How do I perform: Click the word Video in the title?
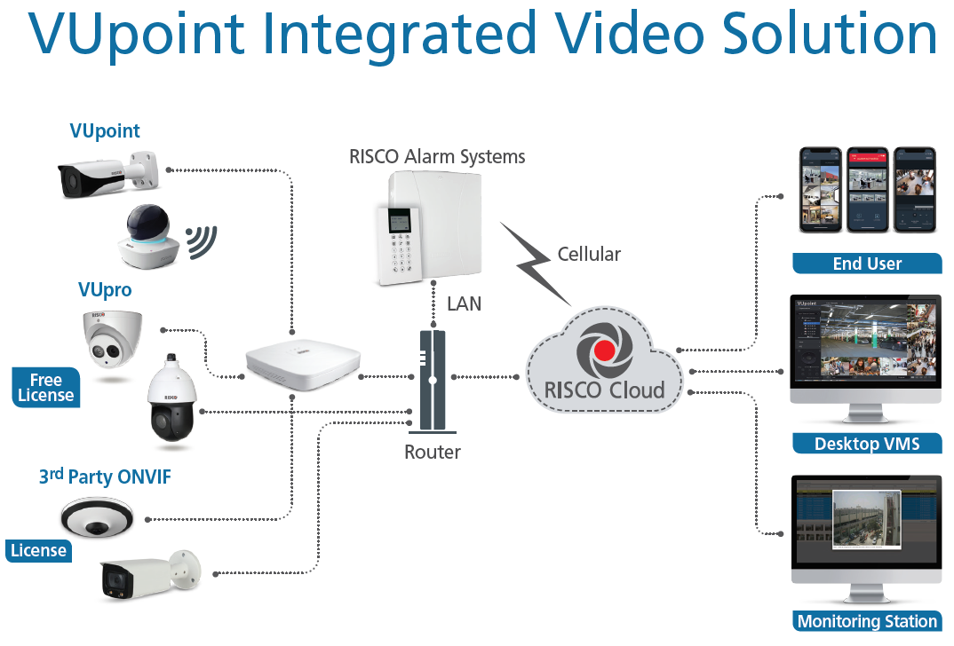[x=623, y=35]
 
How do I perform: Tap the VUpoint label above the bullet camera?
[x=105, y=131]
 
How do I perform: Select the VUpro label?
[x=105, y=290]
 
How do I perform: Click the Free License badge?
[x=45, y=388]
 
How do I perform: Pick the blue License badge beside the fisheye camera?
[x=38, y=550]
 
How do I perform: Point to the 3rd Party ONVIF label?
[x=105, y=477]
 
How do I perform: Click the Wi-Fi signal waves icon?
[x=201, y=240]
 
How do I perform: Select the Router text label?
[x=433, y=452]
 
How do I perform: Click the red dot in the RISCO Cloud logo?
[x=605, y=349]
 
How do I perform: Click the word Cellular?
[x=589, y=255]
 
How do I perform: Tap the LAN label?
[x=464, y=303]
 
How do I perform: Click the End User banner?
[x=867, y=264]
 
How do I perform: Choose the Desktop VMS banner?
[x=866, y=444]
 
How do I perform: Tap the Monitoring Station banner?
[x=866, y=621]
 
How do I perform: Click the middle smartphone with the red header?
[x=867, y=188]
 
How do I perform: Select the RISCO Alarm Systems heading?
[x=437, y=157]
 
